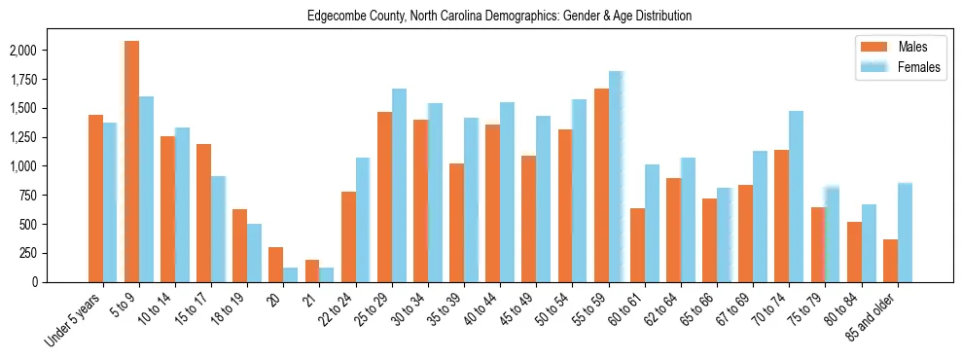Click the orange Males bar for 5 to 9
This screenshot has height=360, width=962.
tap(131, 162)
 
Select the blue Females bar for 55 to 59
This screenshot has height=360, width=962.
tap(616, 176)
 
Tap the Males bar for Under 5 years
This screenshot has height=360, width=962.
tap(95, 198)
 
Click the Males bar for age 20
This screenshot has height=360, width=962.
tap(276, 265)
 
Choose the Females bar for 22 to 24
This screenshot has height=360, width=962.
tap(363, 220)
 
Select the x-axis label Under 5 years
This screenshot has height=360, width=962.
tap(74, 319)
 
